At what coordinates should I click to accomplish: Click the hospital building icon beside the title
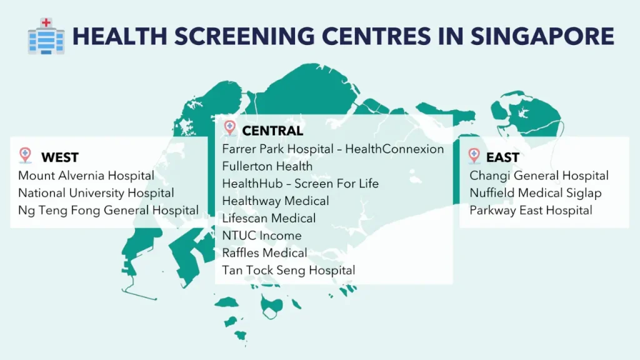click(x=46, y=36)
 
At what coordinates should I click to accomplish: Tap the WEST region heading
click(x=60, y=157)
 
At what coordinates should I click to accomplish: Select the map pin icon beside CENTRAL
click(x=230, y=128)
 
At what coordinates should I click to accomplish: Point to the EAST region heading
click(x=502, y=157)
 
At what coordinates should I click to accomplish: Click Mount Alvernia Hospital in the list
click(x=86, y=176)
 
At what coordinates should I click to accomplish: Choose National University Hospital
click(x=96, y=193)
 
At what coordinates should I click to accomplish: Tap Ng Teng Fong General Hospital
click(x=109, y=211)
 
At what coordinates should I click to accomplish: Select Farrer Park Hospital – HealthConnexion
click(x=333, y=149)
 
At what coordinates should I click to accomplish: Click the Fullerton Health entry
click(x=267, y=166)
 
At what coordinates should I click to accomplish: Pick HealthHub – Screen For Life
click(x=301, y=184)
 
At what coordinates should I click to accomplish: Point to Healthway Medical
click(x=276, y=201)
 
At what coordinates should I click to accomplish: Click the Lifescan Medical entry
click(x=269, y=218)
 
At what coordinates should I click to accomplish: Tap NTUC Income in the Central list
click(x=262, y=236)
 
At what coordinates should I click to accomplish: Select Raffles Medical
click(x=265, y=253)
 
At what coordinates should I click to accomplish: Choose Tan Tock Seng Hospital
click(x=289, y=271)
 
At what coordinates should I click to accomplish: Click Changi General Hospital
click(x=539, y=176)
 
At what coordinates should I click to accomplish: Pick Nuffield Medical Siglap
click(x=536, y=193)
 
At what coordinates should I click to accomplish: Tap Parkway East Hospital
click(x=531, y=211)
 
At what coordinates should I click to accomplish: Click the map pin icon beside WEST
click(x=25, y=155)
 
